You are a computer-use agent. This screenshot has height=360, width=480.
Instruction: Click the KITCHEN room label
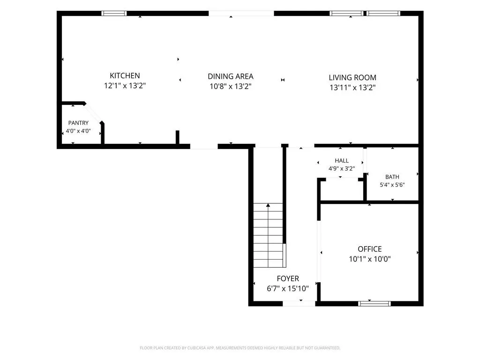pyautogui.click(x=125, y=75)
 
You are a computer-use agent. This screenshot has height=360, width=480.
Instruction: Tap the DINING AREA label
pyautogui.click(x=231, y=76)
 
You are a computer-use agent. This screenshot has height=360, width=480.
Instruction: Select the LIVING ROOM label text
pyautogui.click(x=352, y=77)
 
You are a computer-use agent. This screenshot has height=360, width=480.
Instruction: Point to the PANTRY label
pyautogui.click(x=78, y=123)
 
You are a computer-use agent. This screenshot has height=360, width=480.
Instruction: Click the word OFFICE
pyautogui.click(x=370, y=249)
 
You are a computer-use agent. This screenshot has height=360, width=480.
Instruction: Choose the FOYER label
pyautogui.click(x=288, y=278)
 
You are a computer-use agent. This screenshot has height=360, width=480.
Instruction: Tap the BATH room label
pyautogui.click(x=392, y=177)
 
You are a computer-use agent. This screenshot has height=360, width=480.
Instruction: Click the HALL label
pyautogui.click(x=342, y=160)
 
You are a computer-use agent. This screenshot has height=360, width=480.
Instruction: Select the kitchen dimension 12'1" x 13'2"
pyautogui.click(x=125, y=86)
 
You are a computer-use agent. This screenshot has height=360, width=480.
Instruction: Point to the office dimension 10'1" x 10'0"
pyautogui.click(x=370, y=259)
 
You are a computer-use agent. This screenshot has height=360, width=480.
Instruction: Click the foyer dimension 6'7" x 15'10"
pyautogui.click(x=288, y=288)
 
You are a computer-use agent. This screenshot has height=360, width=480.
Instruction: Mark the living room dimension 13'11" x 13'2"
pyautogui.click(x=352, y=88)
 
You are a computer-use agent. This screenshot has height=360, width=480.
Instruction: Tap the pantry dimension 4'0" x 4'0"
pyautogui.click(x=78, y=131)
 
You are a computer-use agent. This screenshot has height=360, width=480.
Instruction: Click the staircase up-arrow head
pyautogui.click(x=268, y=205)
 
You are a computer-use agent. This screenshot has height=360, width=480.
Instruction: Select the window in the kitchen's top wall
pyautogui.click(x=114, y=13)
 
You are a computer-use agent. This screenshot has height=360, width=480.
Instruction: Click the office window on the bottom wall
pyautogui.click(x=375, y=303)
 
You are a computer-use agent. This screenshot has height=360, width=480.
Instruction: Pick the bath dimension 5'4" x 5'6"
pyautogui.click(x=392, y=185)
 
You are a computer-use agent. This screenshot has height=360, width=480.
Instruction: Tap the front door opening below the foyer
pyautogui.click(x=299, y=303)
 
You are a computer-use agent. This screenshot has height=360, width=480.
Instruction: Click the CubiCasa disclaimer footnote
pyautogui.click(x=240, y=348)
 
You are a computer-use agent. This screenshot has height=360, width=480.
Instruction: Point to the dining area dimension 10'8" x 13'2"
pyautogui.click(x=231, y=86)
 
